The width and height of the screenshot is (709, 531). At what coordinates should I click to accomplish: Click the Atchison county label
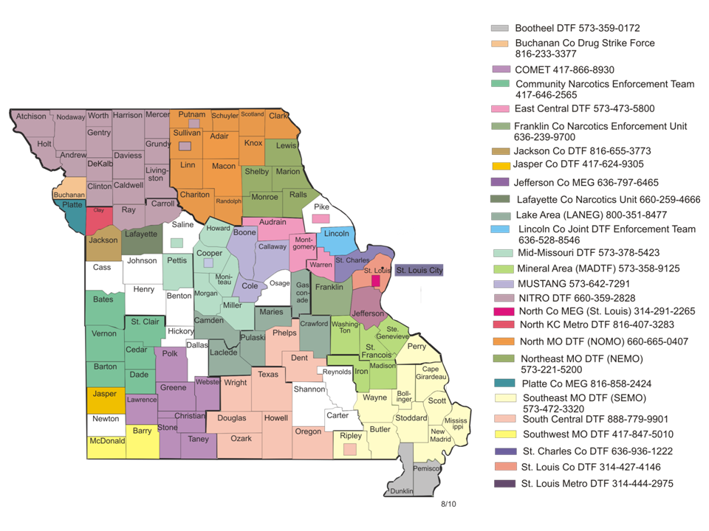(x=31, y=116)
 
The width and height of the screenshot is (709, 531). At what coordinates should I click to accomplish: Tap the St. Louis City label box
(x=419, y=271)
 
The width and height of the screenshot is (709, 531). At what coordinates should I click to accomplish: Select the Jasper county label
(x=104, y=394)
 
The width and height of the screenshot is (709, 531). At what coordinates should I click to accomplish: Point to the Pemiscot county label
(x=428, y=468)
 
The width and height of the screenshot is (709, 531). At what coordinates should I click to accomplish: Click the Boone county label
(x=244, y=232)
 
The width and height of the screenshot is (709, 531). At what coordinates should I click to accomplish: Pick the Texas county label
(x=267, y=374)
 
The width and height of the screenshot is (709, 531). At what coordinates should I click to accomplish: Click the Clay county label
(x=98, y=210)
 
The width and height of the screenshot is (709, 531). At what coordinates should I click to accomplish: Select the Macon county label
(x=223, y=166)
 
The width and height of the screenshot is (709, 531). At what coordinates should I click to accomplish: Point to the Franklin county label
(x=329, y=287)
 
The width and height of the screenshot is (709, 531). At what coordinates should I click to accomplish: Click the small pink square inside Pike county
(x=321, y=218)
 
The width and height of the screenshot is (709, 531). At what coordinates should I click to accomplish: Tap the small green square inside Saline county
(x=177, y=243)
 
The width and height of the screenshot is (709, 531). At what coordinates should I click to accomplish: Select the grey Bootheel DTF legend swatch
(x=500, y=28)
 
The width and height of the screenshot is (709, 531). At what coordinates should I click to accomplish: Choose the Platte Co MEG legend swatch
(x=500, y=384)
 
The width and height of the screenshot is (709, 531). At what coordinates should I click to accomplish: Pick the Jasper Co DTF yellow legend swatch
(x=500, y=164)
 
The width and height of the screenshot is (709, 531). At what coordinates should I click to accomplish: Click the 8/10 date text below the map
(x=449, y=504)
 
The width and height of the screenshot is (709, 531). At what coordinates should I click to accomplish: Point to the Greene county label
(x=173, y=387)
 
